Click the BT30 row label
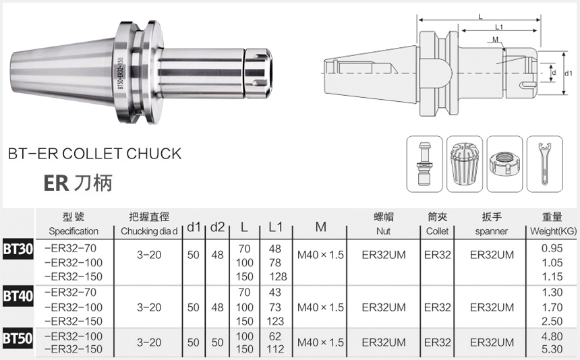click(18, 250)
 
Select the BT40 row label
click(18, 297)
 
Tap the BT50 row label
click(18, 338)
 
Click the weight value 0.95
click(552, 248)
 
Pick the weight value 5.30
click(552, 349)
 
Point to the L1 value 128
click(278, 276)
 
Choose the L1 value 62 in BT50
click(275, 336)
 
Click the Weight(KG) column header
click(553, 231)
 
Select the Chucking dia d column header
click(149, 231)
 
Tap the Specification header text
click(74, 231)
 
